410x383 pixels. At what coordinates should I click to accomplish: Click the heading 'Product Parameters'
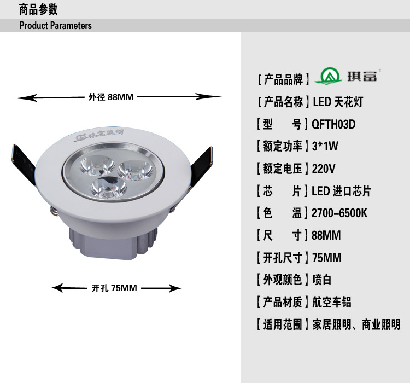tap(55, 25)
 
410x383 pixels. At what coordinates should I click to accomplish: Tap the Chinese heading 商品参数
tap(38, 10)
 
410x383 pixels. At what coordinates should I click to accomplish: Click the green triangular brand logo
tap(328, 76)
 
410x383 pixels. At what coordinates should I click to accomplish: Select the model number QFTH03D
tap(333, 124)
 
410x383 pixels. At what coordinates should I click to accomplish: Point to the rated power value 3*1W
tap(325, 146)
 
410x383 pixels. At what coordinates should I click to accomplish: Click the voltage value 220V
tap(324, 169)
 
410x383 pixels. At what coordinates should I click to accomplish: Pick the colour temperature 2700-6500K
tap(339, 213)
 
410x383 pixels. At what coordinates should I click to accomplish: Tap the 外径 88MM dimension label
tap(111, 97)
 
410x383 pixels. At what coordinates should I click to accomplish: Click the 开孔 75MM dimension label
tap(114, 288)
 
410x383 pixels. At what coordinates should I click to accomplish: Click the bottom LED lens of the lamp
tap(108, 188)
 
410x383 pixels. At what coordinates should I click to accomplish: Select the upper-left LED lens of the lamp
tap(97, 165)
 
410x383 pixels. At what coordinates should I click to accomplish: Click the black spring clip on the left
tap(24, 164)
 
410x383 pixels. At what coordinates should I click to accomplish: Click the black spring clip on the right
tap(201, 167)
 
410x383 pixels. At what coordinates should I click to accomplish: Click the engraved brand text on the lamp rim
tap(99, 135)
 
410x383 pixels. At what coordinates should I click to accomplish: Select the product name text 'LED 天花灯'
tap(338, 102)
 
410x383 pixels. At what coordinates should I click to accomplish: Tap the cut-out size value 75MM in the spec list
tap(327, 258)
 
